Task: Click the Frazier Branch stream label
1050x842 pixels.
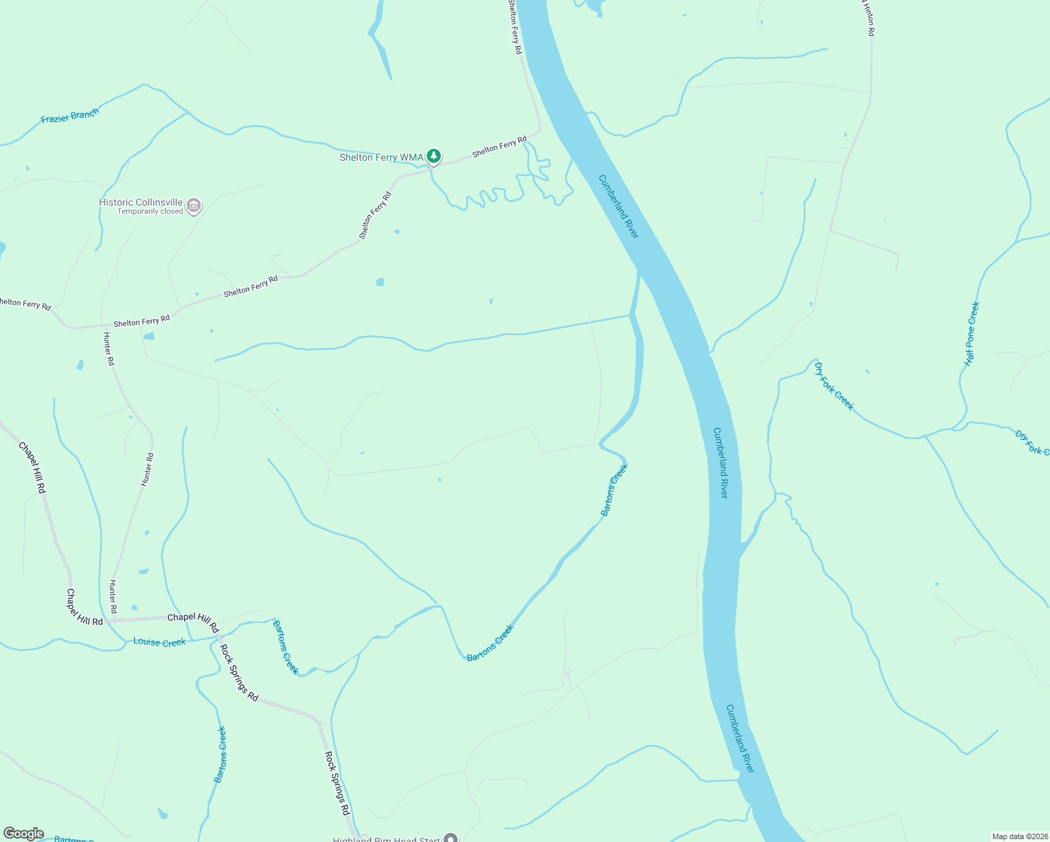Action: coord(69,115)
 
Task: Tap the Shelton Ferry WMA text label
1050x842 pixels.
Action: coord(381,157)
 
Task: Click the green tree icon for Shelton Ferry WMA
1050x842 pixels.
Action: coord(434,156)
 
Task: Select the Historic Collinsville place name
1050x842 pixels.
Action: coord(140,202)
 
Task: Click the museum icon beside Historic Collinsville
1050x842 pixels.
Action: coord(194,206)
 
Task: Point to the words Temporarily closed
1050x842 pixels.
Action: coord(149,211)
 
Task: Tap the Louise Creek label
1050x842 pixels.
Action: coord(159,642)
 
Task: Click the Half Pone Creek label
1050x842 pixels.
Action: coord(972,333)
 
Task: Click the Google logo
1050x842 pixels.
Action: coord(23,834)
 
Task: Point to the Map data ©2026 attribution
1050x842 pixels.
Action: coord(1019,836)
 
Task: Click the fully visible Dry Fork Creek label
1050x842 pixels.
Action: coord(834,385)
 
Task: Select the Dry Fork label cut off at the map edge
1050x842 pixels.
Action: coord(1032,443)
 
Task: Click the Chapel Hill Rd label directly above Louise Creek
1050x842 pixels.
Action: coord(193,618)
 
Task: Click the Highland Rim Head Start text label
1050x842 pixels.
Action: coord(386,839)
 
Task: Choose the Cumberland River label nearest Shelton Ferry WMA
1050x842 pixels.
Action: coord(618,206)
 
